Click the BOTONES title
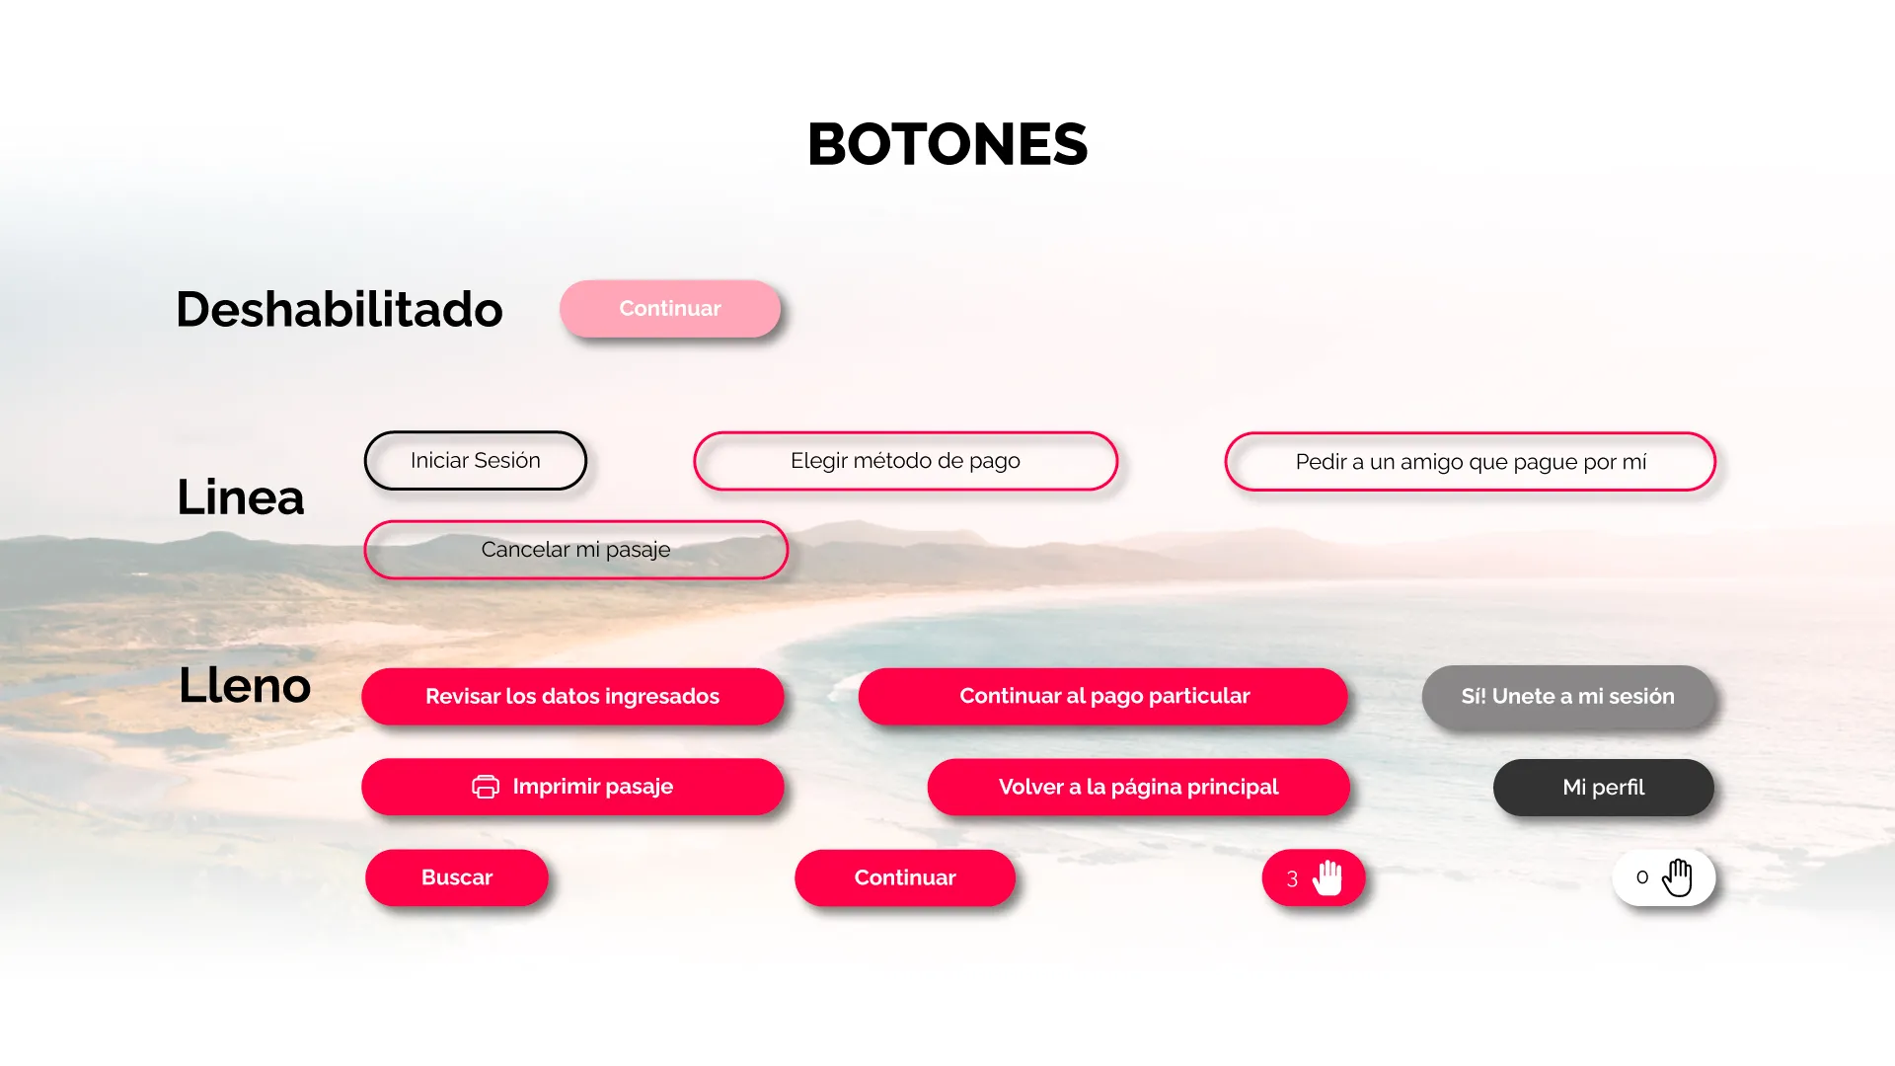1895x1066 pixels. point(947,144)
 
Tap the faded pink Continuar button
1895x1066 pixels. point(670,308)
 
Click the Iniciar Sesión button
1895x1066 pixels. point(476,460)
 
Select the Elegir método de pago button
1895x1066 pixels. point(905,461)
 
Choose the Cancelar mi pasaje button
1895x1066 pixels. point(575,550)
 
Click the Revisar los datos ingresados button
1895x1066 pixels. point(572,696)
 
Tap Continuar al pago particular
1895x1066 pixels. point(1103,696)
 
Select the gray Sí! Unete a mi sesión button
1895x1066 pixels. point(1568,696)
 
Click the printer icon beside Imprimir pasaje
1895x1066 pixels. point(486,787)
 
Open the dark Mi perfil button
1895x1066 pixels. point(1604,787)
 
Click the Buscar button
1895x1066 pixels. point(457,877)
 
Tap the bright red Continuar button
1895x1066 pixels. point(905,877)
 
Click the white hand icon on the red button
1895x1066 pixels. point(1328,877)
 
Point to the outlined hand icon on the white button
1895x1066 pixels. point(1678,876)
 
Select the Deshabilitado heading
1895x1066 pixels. point(340,309)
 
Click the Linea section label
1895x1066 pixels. point(241,496)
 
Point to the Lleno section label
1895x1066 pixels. point(245,685)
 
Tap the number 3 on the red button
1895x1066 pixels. point(1292,878)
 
